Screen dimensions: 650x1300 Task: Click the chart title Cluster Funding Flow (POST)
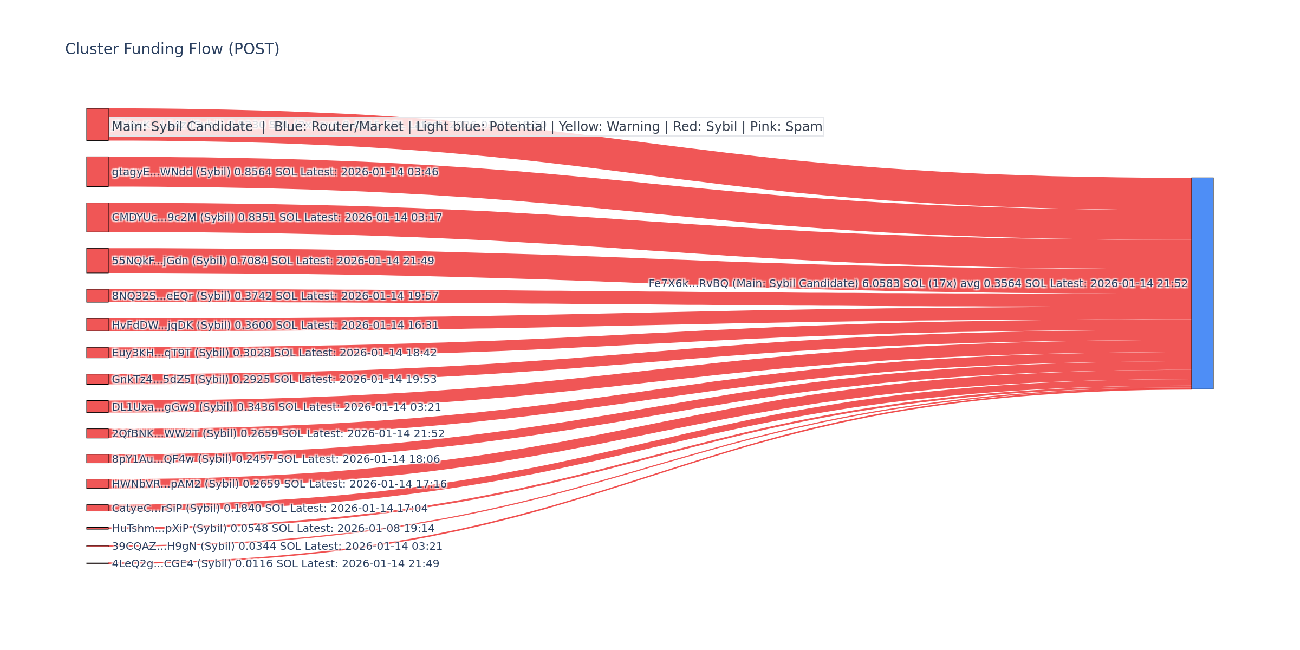click(x=172, y=49)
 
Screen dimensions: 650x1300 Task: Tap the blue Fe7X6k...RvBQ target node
click(x=1202, y=283)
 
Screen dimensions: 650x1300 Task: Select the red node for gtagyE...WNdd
click(x=97, y=172)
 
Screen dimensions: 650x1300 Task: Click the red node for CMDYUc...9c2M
click(x=97, y=217)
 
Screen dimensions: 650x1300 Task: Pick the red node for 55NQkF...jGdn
click(x=97, y=261)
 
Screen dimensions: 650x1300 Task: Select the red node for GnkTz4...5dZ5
click(x=97, y=379)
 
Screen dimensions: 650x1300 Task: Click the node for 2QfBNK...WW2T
click(x=97, y=433)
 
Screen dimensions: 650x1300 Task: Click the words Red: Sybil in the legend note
click(x=705, y=127)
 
